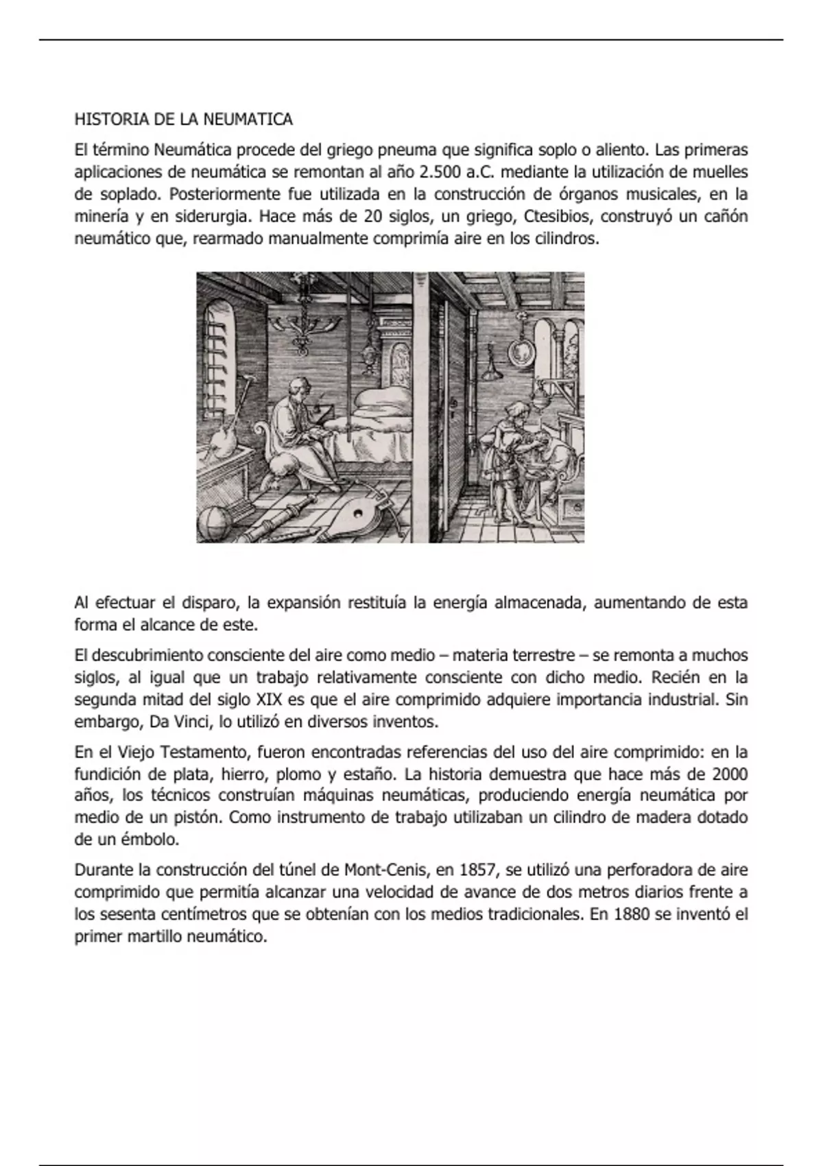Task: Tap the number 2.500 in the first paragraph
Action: point(439,171)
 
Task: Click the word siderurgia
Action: point(212,217)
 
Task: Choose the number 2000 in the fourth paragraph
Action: point(730,774)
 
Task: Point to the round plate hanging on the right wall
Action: point(519,350)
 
